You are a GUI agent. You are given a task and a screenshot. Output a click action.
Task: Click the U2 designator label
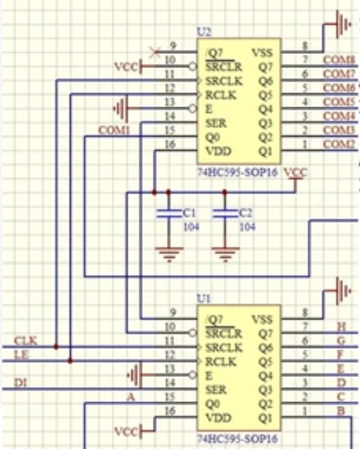[x=204, y=32]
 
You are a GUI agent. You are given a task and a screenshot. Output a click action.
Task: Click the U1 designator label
[x=203, y=298]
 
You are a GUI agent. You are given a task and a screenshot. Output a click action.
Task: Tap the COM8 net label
[x=339, y=60]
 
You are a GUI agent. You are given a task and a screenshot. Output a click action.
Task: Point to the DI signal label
[x=20, y=383]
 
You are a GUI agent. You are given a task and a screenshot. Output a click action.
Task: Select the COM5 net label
[x=339, y=102]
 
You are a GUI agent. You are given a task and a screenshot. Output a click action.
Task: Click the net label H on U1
[x=342, y=326]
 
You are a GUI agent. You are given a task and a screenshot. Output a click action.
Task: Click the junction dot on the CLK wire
[x=55, y=347]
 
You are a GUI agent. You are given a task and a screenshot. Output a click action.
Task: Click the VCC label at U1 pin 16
[x=126, y=430]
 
